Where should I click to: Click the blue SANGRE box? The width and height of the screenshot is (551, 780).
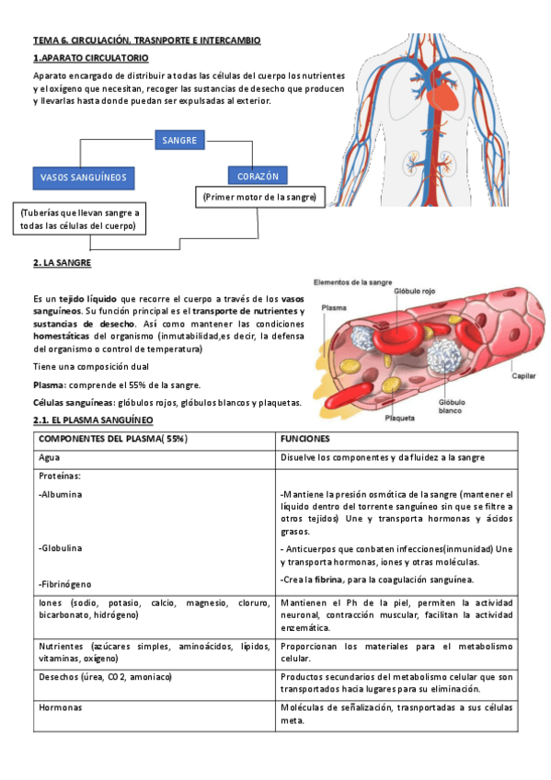click(x=179, y=141)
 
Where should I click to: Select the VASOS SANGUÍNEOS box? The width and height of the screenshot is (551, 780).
click(x=84, y=177)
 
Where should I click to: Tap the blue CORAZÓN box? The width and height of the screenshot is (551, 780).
click(x=258, y=176)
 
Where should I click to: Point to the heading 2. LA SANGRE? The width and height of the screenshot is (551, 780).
click(x=62, y=263)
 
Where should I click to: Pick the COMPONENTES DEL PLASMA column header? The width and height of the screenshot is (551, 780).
click(x=113, y=439)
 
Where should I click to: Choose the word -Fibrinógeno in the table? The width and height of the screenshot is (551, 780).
click(x=65, y=584)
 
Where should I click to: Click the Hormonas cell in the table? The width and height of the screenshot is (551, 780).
click(x=60, y=708)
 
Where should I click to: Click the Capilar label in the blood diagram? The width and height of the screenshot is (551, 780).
click(x=524, y=375)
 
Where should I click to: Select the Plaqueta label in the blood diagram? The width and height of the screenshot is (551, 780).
click(x=399, y=418)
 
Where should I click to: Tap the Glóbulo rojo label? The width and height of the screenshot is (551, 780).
click(x=415, y=290)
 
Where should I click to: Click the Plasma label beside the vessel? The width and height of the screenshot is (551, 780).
click(x=333, y=309)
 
